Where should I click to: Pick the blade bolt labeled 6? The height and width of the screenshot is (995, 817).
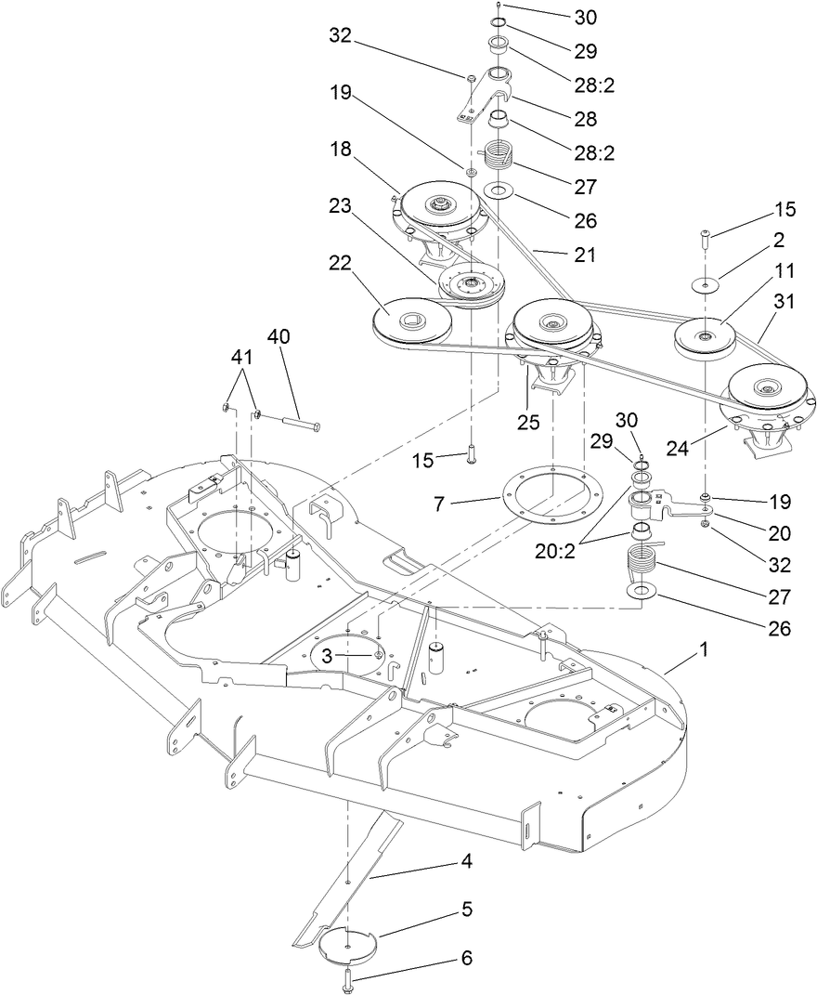[348, 977]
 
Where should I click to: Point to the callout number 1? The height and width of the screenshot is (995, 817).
[704, 649]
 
